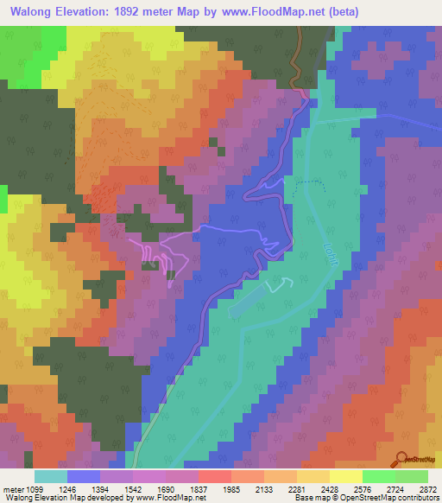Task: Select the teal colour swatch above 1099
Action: coord(51,476)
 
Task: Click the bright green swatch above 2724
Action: coord(378,476)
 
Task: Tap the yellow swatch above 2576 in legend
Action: coord(345,476)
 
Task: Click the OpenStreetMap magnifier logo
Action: coord(401,460)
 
